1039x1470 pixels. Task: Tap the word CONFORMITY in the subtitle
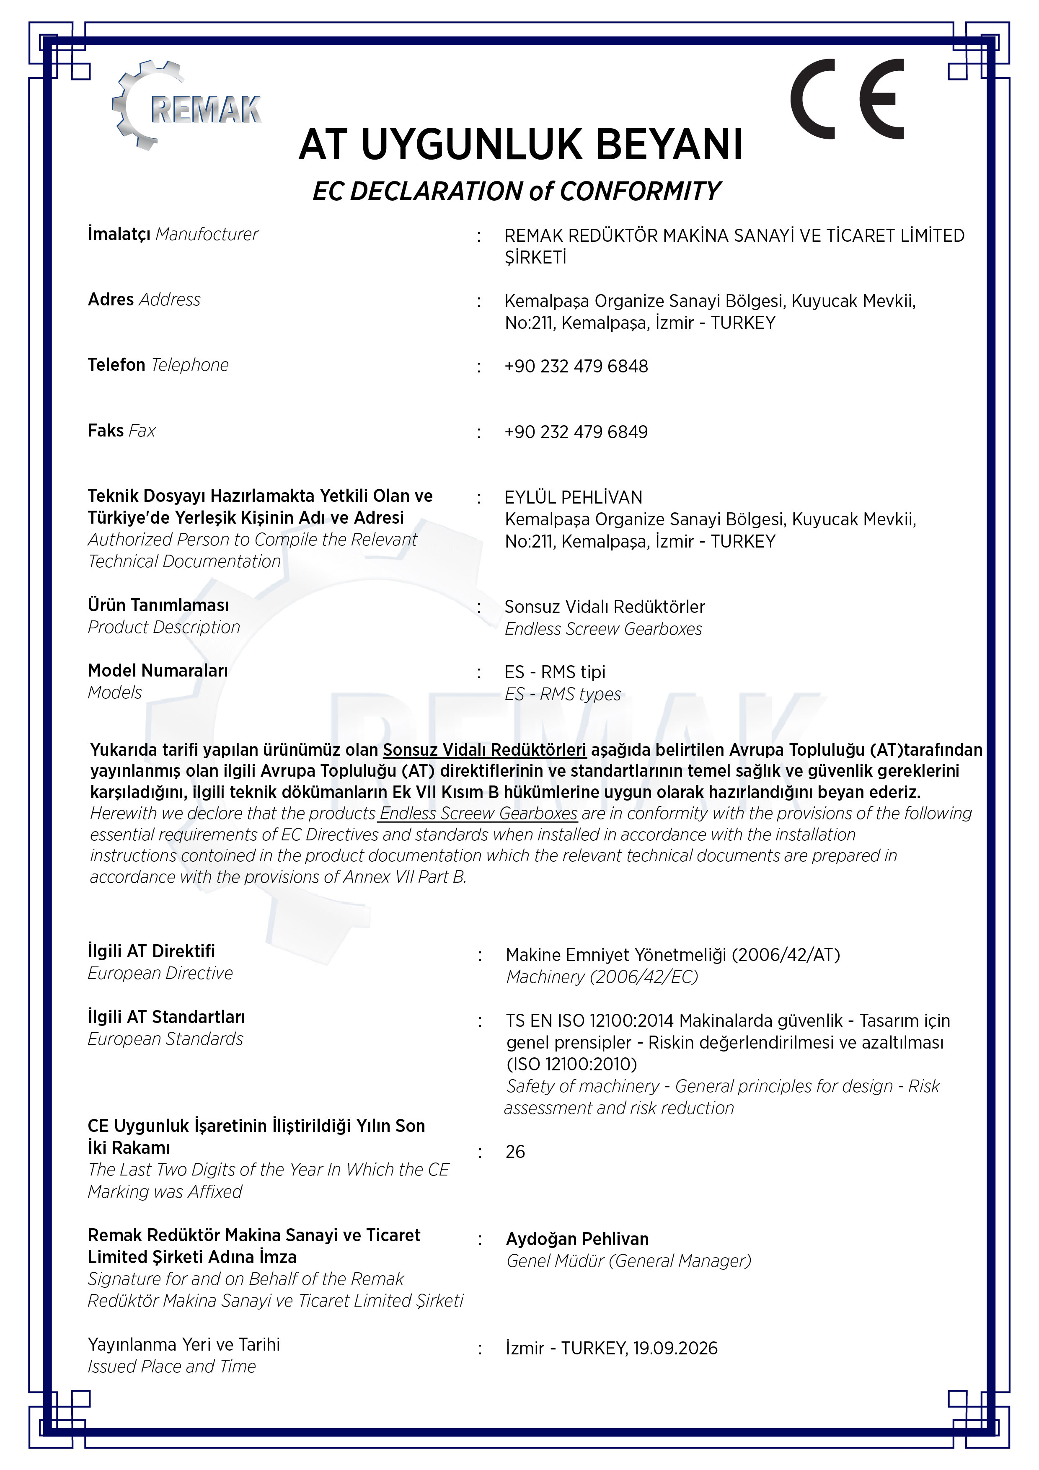pos(640,191)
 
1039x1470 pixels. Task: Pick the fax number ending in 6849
pos(576,432)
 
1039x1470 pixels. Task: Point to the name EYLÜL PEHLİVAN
pos(574,497)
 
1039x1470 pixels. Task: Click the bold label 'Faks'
pos(106,430)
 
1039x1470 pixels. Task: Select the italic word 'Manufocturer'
pos(207,234)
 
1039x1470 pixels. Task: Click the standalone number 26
pos(515,1152)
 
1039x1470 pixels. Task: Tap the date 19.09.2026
pos(675,1349)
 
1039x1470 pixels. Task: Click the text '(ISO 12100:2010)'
pos(572,1064)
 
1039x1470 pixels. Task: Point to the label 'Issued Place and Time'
pos(172,1366)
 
